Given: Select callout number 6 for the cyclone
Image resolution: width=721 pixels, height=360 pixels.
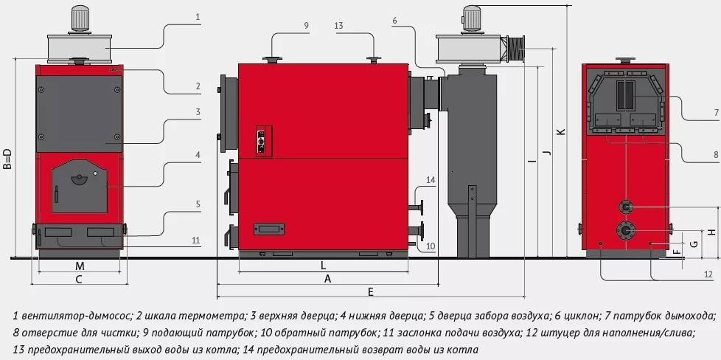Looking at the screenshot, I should point(395,21).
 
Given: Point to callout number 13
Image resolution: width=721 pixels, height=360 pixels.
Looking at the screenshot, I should point(338,26).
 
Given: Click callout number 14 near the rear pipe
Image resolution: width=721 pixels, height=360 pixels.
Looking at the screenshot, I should point(431,179).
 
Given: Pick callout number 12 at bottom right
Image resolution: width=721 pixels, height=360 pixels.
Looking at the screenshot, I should point(707,274).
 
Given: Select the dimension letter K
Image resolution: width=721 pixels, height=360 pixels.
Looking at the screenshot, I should point(560,131).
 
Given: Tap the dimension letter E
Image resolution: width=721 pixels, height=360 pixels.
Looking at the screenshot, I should point(371,293).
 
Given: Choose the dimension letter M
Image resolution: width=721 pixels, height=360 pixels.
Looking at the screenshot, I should point(79,266).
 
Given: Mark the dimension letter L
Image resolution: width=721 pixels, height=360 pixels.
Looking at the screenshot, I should point(323,264).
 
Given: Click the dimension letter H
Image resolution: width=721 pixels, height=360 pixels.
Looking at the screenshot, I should point(711,232).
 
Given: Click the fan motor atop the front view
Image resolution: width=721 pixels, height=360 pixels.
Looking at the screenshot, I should point(78,17).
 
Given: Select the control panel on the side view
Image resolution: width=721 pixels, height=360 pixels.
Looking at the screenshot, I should point(260,140).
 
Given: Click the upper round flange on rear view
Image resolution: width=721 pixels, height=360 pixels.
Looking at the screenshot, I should point(625,207).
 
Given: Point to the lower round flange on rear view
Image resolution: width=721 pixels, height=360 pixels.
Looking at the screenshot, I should point(625,230).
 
